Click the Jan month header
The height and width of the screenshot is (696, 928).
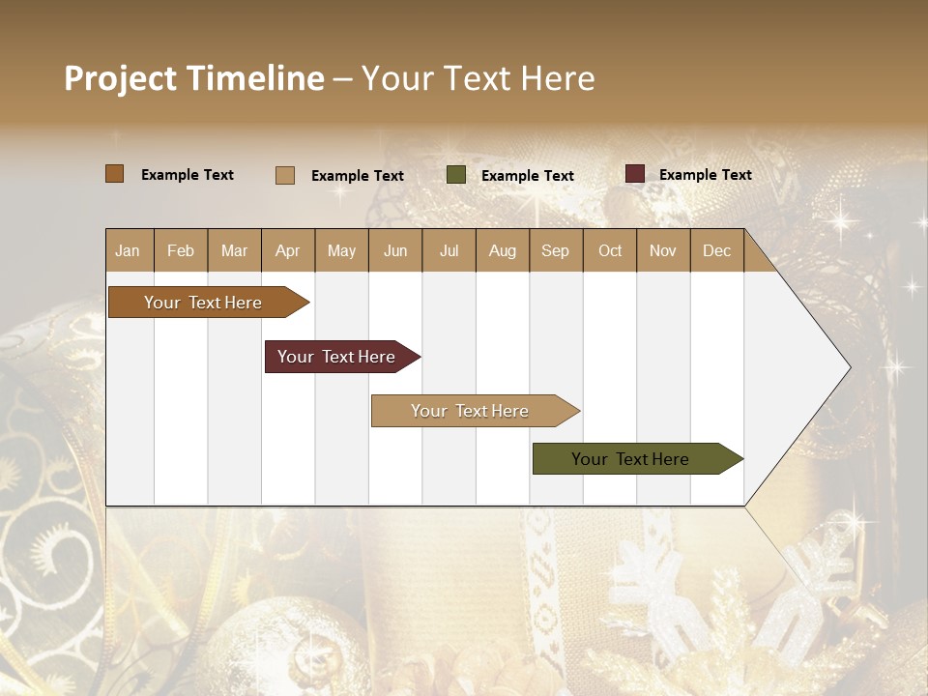click(x=129, y=250)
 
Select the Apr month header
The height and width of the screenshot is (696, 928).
click(x=288, y=250)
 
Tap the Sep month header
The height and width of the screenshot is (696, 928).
click(x=556, y=250)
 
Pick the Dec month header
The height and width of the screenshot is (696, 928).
click(x=717, y=250)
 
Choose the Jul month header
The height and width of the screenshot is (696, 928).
click(x=449, y=250)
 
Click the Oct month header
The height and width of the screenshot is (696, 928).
click(x=610, y=250)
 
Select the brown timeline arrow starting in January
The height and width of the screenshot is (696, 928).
click(x=203, y=303)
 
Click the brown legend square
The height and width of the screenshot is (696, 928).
click(x=115, y=174)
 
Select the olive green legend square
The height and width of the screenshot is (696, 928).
click(x=456, y=175)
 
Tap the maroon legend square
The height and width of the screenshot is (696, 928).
click(x=635, y=174)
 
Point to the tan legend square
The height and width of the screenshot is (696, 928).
click(x=285, y=175)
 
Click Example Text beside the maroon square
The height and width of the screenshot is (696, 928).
click(x=705, y=174)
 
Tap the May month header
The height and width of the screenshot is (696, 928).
click(x=341, y=250)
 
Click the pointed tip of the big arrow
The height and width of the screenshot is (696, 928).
click(x=849, y=366)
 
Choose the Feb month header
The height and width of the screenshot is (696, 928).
click(x=181, y=250)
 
